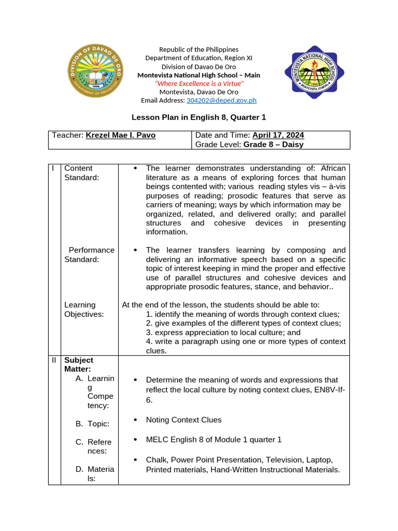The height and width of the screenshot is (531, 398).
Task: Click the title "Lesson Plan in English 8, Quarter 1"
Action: (198, 118)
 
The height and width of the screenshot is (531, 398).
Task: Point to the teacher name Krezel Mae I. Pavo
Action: (120, 135)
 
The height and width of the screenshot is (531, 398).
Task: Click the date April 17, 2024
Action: (278, 135)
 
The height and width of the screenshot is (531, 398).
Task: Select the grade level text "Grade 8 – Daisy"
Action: (273, 145)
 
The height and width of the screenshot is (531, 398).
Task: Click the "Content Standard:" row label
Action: (81, 173)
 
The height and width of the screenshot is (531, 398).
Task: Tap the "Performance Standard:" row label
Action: (89, 255)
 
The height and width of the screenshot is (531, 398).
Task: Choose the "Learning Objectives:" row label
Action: (83, 310)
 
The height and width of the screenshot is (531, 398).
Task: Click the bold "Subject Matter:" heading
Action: (78, 364)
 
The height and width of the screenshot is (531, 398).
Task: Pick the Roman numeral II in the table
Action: (54, 360)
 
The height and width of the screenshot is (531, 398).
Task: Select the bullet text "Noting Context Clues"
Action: (183, 420)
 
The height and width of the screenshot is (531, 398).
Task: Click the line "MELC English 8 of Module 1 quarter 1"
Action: (214, 440)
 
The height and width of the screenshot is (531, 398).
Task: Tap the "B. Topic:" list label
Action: (92, 424)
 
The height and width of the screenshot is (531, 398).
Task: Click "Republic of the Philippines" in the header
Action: (198, 49)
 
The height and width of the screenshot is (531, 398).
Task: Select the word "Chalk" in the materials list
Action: (156, 460)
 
